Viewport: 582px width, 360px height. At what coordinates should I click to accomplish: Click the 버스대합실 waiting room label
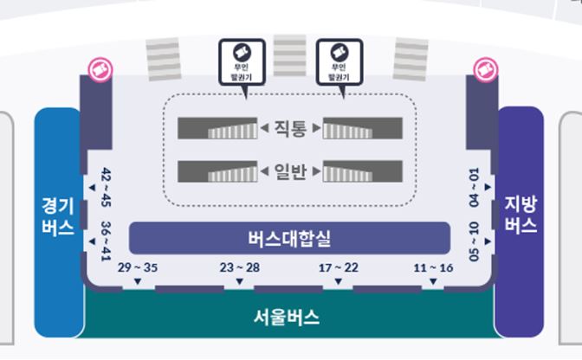coord(289,237)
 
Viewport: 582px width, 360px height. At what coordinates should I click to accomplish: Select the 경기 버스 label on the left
coord(57,216)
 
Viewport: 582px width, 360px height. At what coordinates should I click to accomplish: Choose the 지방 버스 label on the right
coord(521,216)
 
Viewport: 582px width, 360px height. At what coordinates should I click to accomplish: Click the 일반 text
coord(290,171)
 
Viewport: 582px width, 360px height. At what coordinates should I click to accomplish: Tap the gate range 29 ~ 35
coord(137,267)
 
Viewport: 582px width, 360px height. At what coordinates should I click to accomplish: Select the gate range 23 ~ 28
coord(239,267)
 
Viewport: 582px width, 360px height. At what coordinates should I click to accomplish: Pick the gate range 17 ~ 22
coord(338,267)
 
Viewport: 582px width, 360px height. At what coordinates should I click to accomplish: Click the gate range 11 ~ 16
coord(433,267)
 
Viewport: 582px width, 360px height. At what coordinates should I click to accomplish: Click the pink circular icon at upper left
coord(100,67)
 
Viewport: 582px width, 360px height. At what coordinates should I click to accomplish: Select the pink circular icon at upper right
coord(482,67)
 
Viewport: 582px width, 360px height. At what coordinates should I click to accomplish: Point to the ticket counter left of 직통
coord(217,128)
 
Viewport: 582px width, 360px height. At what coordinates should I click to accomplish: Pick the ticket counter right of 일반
coord(362,171)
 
